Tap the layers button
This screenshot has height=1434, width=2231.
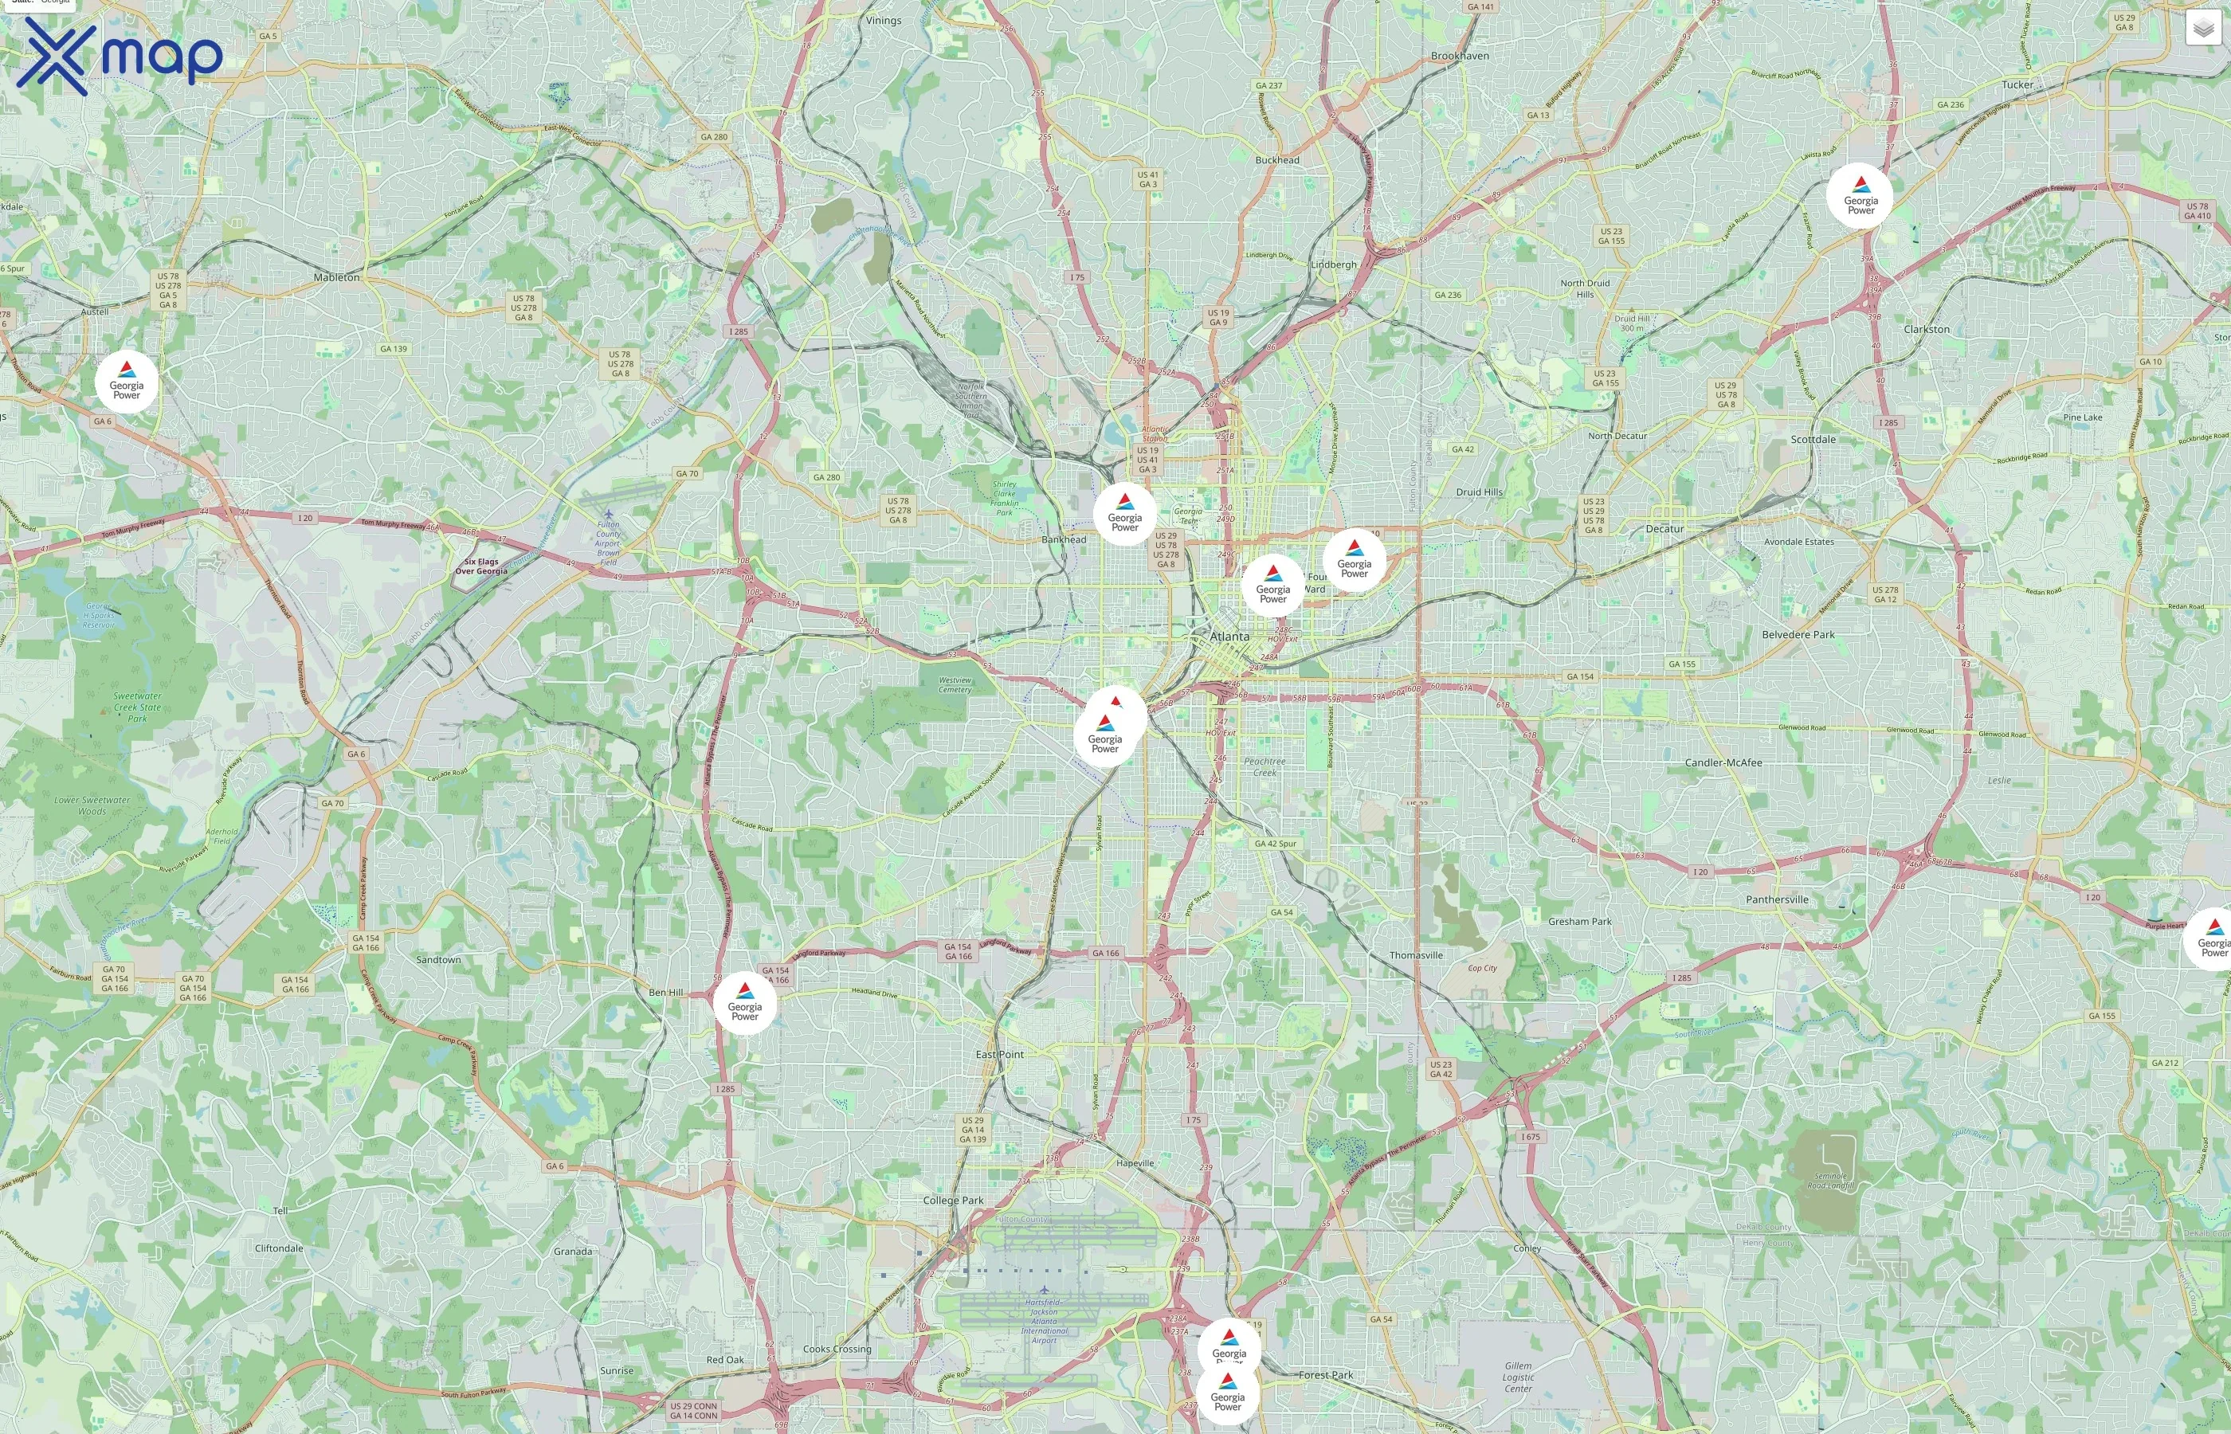(2203, 29)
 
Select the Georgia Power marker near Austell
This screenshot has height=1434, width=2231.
(127, 382)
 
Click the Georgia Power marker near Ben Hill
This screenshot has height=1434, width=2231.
(745, 1004)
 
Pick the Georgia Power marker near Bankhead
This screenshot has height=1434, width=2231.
(1125, 515)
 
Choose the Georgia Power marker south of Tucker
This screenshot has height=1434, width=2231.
(1860, 198)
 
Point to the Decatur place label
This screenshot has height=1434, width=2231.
(1664, 529)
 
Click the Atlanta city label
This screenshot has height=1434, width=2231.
(1229, 636)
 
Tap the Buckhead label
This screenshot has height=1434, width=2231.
(1276, 160)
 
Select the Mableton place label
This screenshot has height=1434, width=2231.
(336, 277)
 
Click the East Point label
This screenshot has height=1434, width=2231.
(999, 1054)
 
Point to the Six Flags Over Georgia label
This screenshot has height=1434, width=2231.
(481, 566)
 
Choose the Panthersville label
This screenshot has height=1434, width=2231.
(1777, 899)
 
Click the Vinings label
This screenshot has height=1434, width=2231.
(883, 21)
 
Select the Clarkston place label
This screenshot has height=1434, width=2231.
(1927, 330)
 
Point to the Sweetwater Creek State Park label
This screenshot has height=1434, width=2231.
(138, 707)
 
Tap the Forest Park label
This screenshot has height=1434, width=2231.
(1326, 1374)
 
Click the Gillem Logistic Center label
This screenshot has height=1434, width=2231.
(1518, 1377)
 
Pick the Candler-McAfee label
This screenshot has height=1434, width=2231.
(1723, 762)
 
